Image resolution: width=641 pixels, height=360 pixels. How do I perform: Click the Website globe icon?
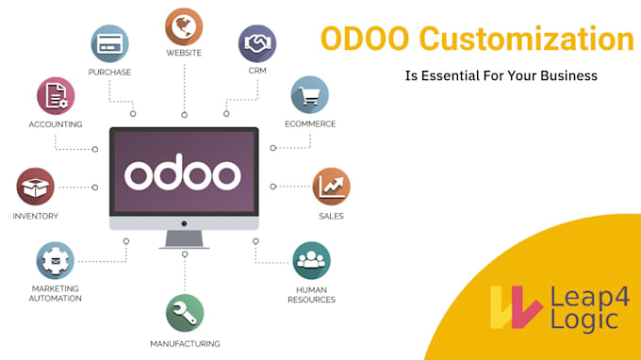pos(184,26)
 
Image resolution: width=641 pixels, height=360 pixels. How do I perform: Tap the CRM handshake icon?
pos(256,43)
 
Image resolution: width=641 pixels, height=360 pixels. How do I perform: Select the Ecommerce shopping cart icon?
pos(309,95)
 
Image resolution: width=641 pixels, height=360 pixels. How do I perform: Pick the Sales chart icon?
pos(331,187)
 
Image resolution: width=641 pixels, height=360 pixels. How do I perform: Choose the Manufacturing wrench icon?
pos(185,313)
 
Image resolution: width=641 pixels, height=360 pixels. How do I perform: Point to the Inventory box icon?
pos(36,187)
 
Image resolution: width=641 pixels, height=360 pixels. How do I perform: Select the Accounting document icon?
pos(56,95)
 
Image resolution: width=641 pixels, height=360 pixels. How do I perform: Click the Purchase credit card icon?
pos(109,43)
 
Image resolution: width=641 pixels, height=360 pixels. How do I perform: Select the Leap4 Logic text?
pos(583,307)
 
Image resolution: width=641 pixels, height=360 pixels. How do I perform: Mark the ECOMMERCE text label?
pos(310,123)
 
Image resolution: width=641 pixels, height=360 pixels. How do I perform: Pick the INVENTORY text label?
pos(36,216)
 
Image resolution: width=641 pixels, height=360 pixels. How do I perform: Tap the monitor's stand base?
pos(184,244)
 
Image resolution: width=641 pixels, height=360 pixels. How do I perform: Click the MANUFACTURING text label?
pos(185,343)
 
